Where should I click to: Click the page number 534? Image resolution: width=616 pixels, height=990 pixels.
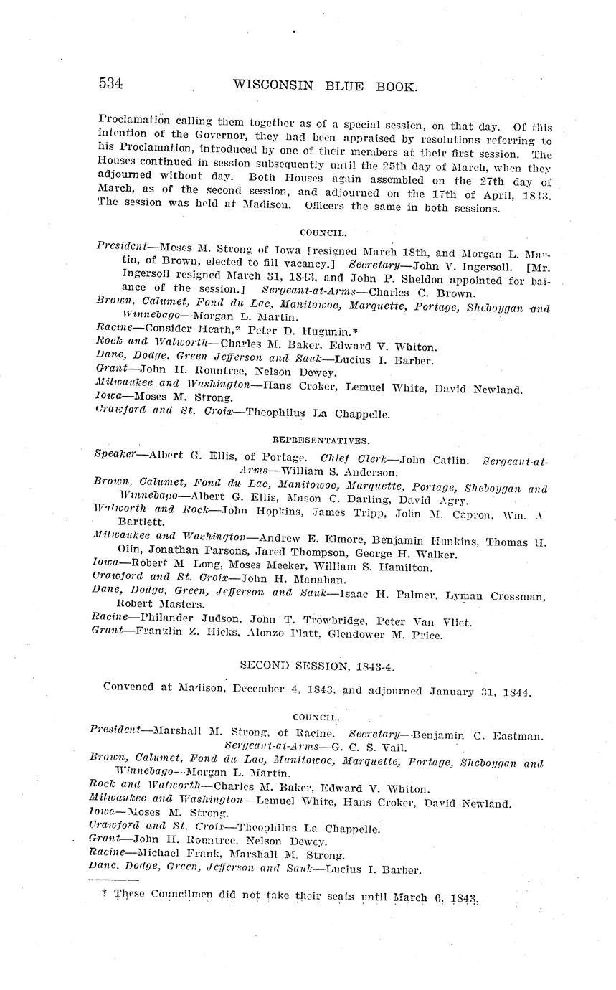click(x=111, y=83)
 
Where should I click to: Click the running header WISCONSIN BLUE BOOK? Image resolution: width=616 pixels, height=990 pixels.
click(x=325, y=86)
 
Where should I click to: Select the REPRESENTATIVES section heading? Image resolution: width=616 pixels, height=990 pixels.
click(x=321, y=440)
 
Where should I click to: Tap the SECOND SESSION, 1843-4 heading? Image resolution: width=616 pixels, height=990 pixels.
click(x=317, y=666)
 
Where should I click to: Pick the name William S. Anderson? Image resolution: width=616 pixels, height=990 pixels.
click(x=338, y=473)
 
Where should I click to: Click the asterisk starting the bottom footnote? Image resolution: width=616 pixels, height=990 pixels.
click(x=105, y=893)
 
